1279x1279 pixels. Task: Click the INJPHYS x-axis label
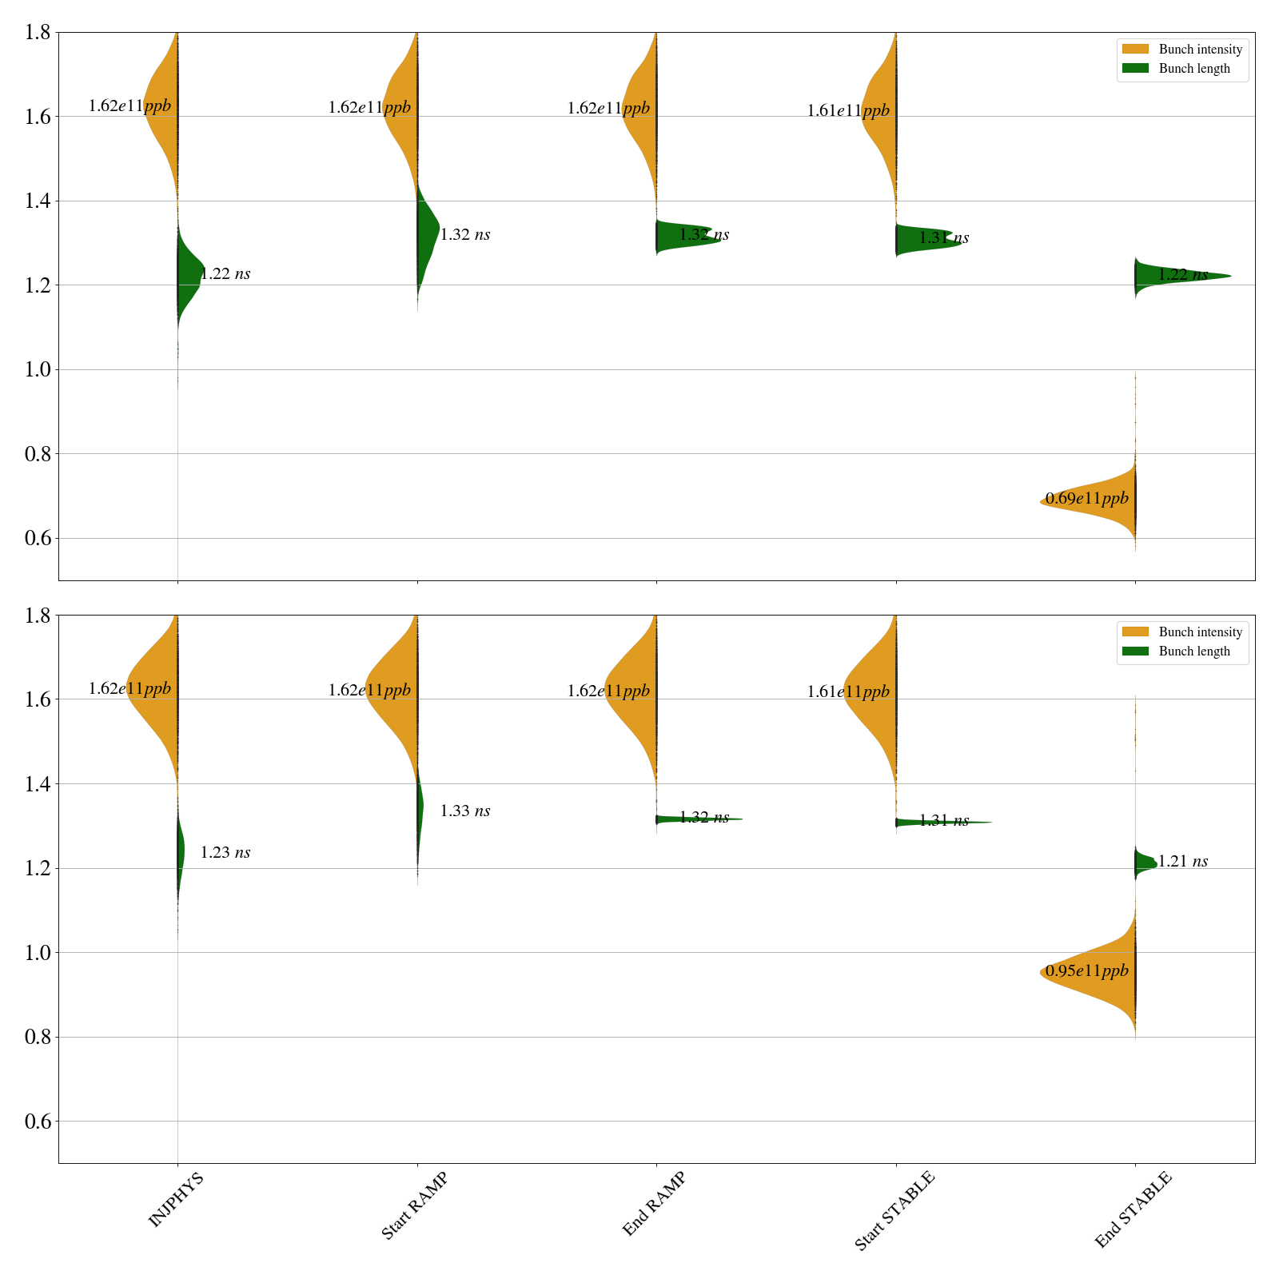pyautogui.click(x=176, y=1199)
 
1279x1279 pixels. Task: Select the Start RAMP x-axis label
pyautogui.click(x=414, y=1205)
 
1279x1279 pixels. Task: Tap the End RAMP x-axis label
pyautogui.click(x=654, y=1204)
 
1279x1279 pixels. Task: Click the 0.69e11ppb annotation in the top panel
pyautogui.click(x=1086, y=499)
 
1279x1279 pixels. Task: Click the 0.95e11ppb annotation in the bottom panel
pyautogui.click(x=1086, y=971)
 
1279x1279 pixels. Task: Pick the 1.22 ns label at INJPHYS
pyautogui.click(x=225, y=274)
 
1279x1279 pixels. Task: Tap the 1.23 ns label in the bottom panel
pyautogui.click(x=225, y=853)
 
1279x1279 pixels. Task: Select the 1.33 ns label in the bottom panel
pyautogui.click(x=464, y=811)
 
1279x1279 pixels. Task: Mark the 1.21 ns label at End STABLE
pyautogui.click(x=1182, y=862)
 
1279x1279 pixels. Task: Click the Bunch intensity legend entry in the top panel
pyautogui.click(x=1200, y=50)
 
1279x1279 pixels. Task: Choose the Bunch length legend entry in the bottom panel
pyautogui.click(x=1194, y=651)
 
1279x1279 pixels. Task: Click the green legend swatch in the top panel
pyautogui.click(x=1135, y=69)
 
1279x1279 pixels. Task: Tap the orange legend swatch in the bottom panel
pyautogui.click(x=1135, y=632)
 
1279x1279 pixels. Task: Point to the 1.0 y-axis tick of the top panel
pyautogui.click(x=38, y=369)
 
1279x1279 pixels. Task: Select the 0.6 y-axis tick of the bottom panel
pyautogui.click(x=38, y=1122)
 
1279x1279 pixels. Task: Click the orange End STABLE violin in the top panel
pyautogui.click(x=1103, y=504)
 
